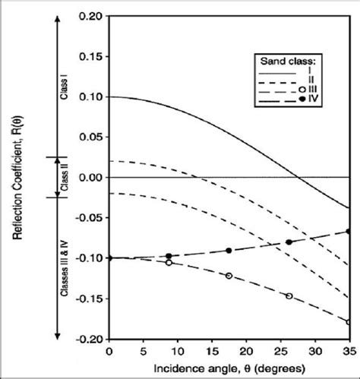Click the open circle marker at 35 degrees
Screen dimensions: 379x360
349,322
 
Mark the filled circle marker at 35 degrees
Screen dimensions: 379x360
349,231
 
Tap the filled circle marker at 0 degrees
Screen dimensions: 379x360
109,258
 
